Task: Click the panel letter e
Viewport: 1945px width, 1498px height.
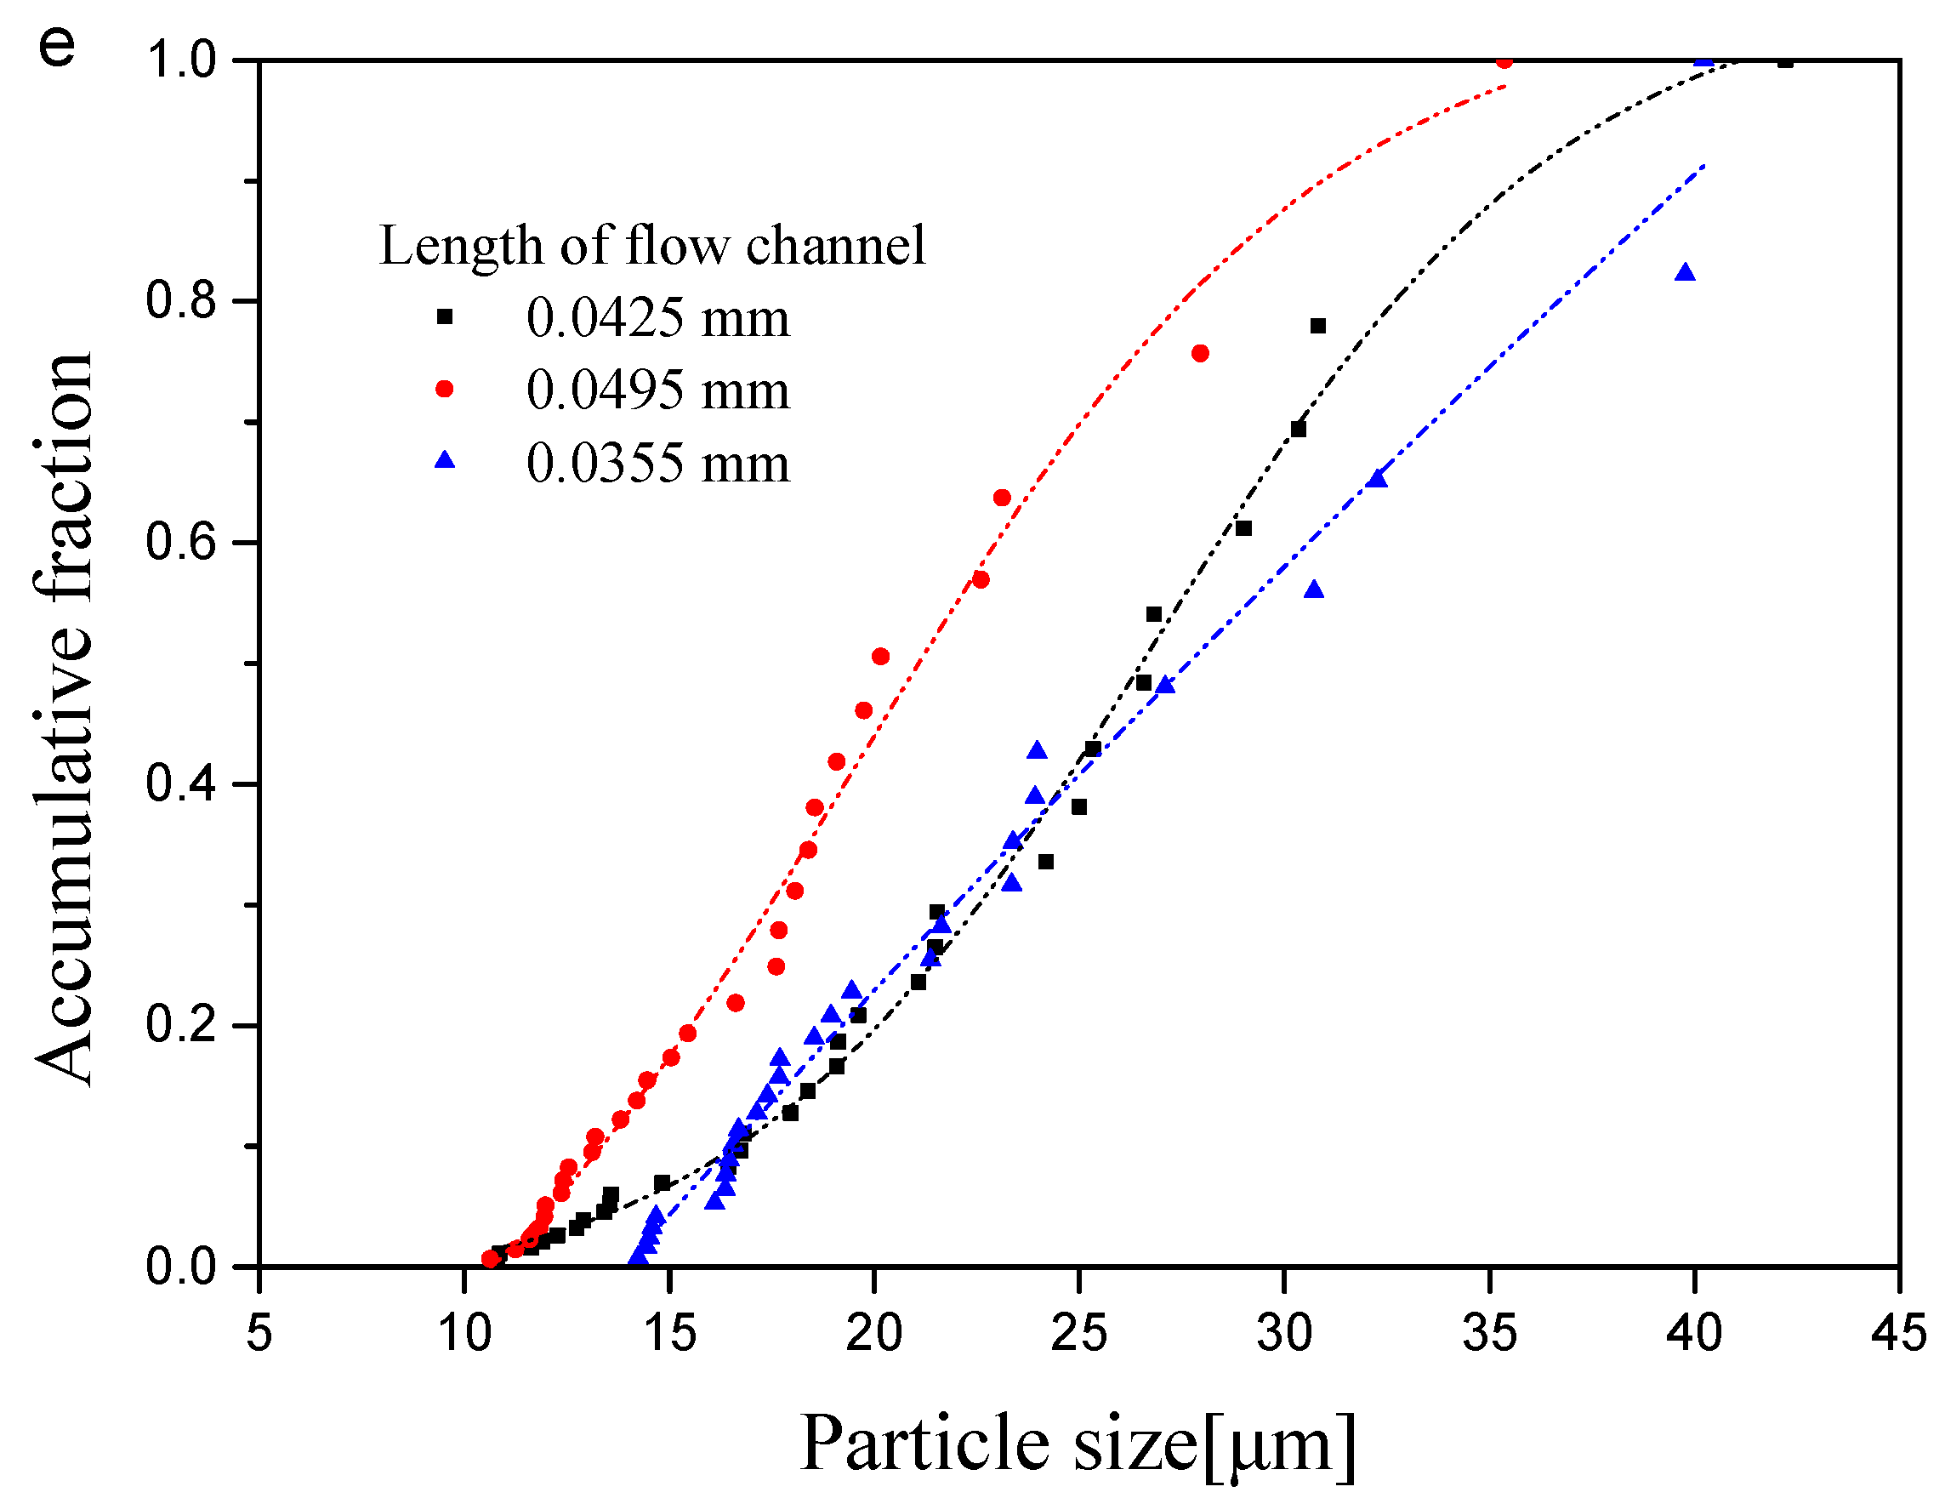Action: (x=57, y=46)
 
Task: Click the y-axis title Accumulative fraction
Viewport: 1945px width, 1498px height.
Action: (x=64, y=720)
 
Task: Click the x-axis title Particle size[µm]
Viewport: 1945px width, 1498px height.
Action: (x=1078, y=1444)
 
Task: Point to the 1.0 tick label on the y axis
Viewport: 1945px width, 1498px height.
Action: (x=182, y=60)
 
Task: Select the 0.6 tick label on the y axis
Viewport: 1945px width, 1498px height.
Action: (x=182, y=543)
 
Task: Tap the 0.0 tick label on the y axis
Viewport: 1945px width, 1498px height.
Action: (x=182, y=1266)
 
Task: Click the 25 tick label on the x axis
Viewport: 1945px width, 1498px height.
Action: (x=1078, y=1334)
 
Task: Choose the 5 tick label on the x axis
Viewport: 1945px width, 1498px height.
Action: (x=259, y=1334)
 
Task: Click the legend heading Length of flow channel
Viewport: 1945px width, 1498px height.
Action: (x=652, y=245)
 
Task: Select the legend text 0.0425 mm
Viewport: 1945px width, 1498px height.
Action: (x=657, y=318)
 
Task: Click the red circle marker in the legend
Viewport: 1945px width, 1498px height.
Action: (x=445, y=390)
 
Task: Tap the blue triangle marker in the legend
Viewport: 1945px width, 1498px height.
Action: (x=445, y=460)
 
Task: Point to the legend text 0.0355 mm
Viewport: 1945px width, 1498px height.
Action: (x=657, y=463)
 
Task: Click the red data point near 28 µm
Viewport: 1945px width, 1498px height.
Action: (x=1200, y=354)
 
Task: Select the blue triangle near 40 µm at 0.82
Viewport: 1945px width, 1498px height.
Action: (x=1684, y=272)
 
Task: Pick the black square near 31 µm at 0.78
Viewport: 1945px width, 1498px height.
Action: (x=1318, y=326)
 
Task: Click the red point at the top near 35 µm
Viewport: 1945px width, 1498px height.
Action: (x=1504, y=61)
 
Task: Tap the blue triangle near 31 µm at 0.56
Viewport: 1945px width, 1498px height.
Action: (x=1314, y=590)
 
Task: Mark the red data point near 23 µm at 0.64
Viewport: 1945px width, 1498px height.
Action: (x=1002, y=498)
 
